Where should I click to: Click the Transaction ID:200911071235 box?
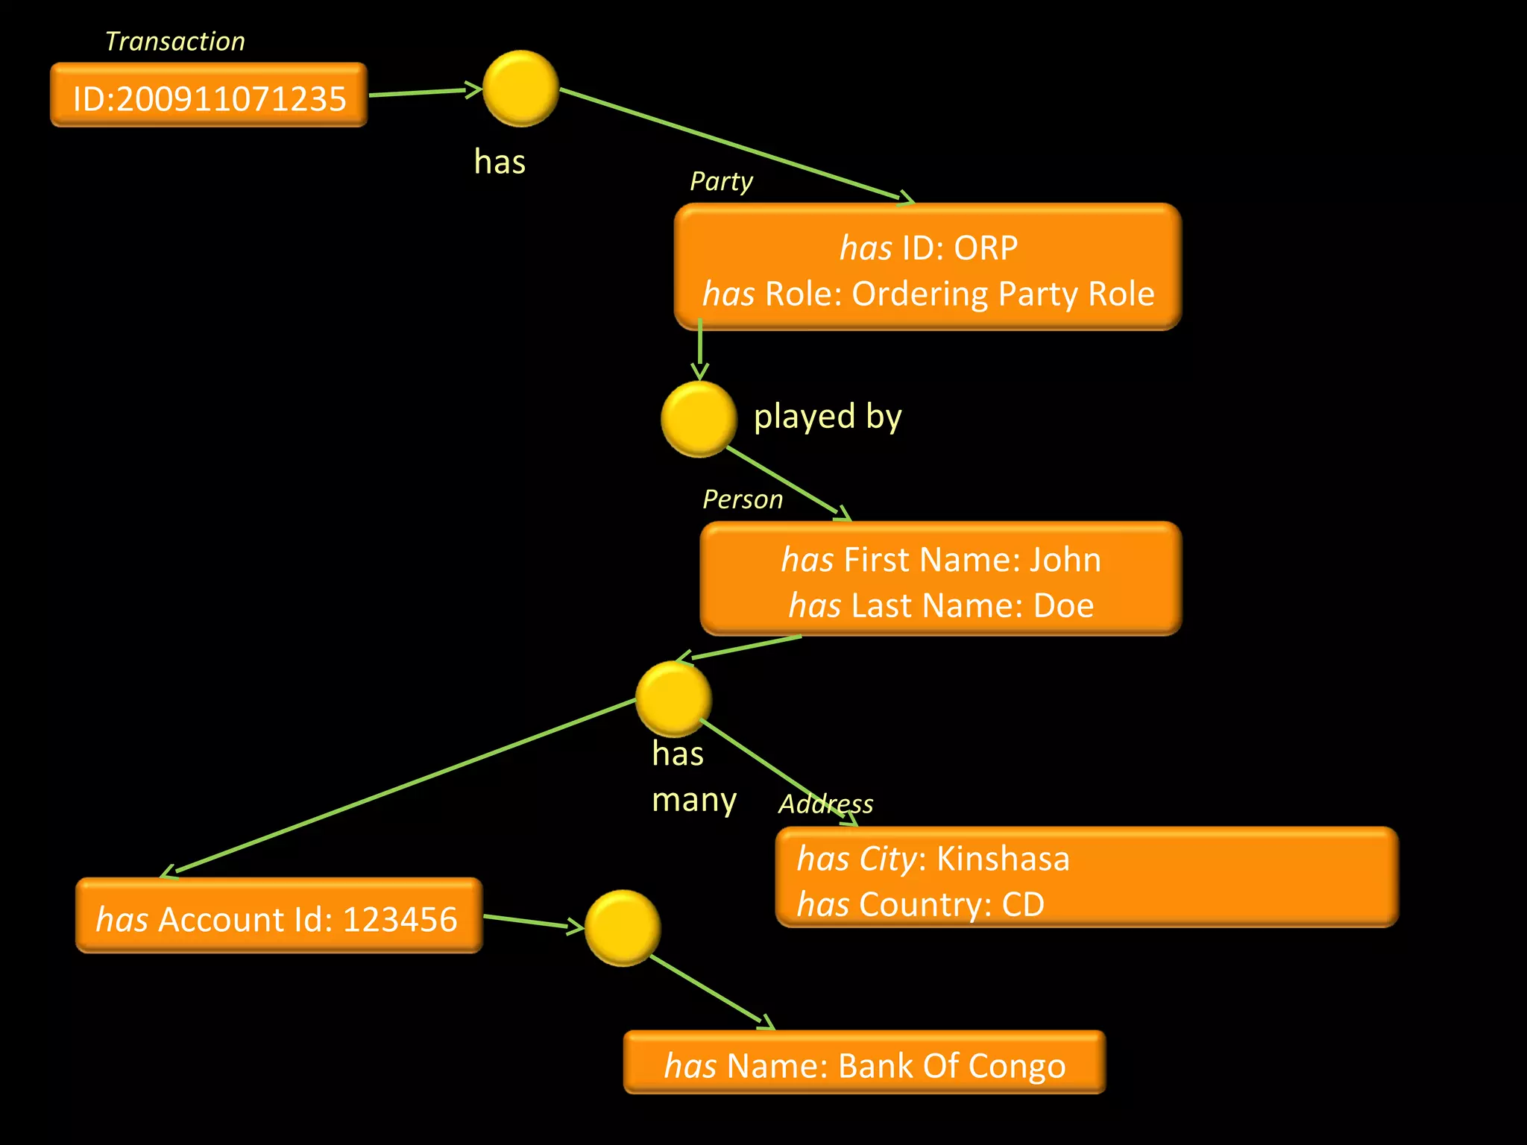[x=209, y=96]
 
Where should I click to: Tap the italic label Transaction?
[x=175, y=41]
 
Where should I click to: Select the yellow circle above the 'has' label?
[x=520, y=89]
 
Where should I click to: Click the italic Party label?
[x=721, y=181]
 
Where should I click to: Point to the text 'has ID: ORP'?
[x=928, y=247]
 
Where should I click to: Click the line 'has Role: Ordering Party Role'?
[x=928, y=294]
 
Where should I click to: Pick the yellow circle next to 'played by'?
[x=699, y=419]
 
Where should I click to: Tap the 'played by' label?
[x=828, y=416]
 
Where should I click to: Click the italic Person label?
[x=743, y=499]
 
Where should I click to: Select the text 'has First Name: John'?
[x=941, y=559]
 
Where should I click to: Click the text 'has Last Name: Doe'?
[x=941, y=605]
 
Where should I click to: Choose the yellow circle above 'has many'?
[x=673, y=698]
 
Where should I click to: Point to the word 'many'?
[x=694, y=800]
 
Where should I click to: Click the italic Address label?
[x=825, y=804]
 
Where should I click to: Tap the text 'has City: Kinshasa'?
[x=933, y=859]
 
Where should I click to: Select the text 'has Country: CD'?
[x=920, y=905]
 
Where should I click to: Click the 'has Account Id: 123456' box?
[x=279, y=916]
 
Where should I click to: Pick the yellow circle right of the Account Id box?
[x=623, y=927]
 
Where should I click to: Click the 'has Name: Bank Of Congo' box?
[x=864, y=1063]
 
